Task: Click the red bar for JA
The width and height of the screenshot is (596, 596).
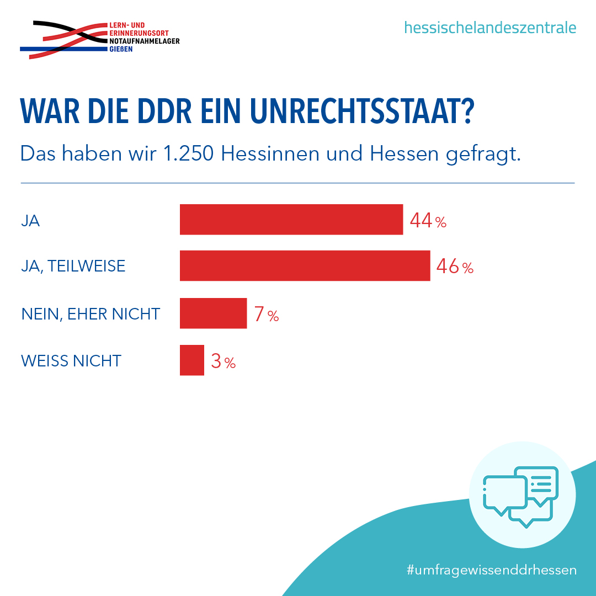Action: [291, 219]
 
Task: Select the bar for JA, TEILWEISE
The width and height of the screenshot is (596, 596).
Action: [305, 265]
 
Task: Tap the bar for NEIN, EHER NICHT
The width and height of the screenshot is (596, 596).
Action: [213, 313]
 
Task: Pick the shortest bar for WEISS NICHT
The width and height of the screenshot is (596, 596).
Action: [192, 360]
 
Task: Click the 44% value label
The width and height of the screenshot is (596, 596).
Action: [428, 220]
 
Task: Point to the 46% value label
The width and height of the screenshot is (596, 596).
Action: [455, 266]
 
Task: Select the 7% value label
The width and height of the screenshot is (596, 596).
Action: [267, 314]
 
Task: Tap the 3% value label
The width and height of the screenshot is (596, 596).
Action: [223, 361]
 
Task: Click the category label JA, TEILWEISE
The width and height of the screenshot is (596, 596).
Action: [73, 266]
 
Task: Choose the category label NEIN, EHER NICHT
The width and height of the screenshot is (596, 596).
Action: [91, 314]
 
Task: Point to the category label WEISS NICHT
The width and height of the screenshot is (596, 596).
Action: [71, 361]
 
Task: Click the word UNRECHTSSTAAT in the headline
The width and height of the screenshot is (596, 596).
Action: [362, 110]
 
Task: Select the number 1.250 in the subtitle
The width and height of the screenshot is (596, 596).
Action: [188, 153]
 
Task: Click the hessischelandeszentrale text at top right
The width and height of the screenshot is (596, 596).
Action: [490, 28]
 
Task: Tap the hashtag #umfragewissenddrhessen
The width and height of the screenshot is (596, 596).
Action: [492, 570]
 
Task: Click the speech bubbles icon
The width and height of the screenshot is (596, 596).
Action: [520, 496]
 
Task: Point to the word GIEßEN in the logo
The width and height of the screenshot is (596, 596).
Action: [121, 49]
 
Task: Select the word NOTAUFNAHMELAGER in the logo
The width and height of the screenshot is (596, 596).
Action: [145, 41]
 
